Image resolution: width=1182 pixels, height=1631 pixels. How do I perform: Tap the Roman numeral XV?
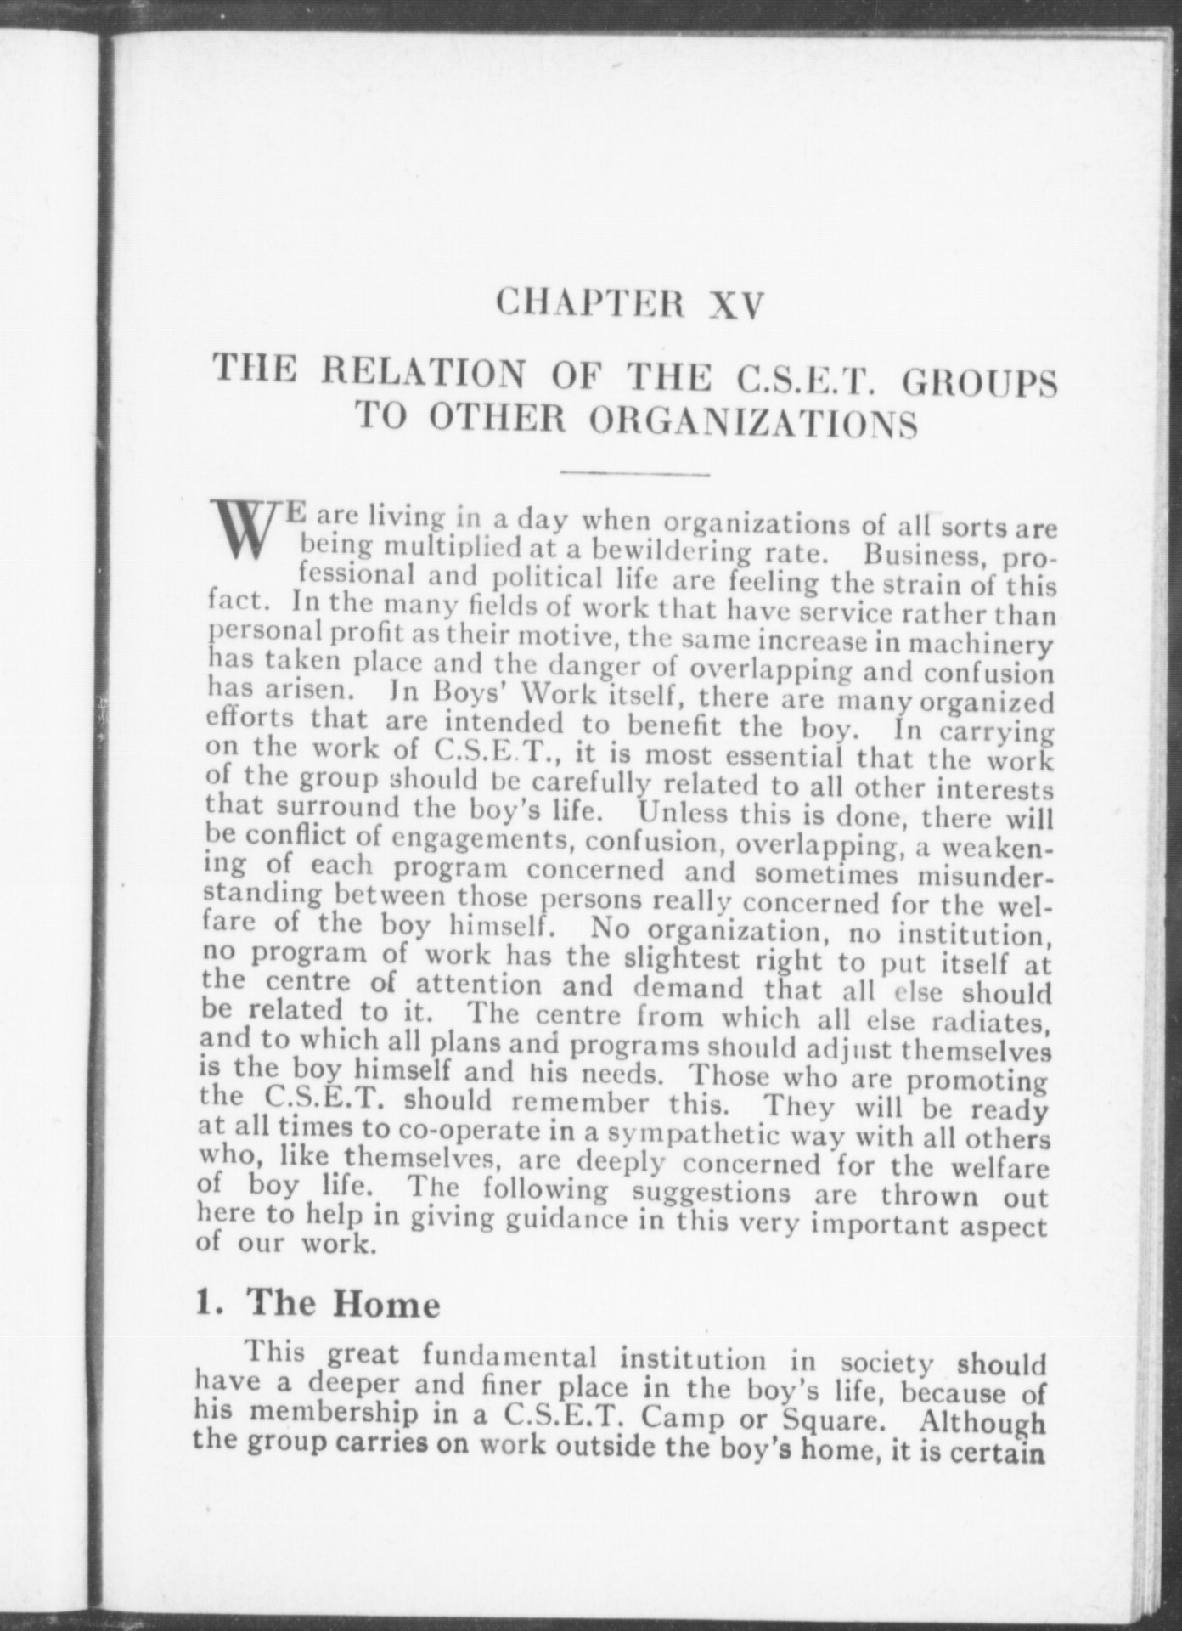click(x=732, y=304)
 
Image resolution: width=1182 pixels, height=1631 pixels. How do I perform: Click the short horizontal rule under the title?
click(x=634, y=473)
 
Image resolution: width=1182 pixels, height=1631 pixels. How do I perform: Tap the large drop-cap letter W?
click(x=245, y=530)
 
